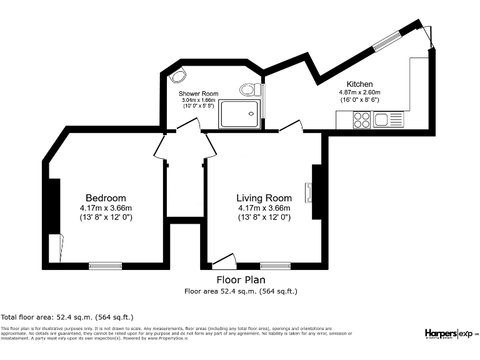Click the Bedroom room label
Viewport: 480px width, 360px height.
click(106, 198)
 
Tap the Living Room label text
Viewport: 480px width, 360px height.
click(264, 198)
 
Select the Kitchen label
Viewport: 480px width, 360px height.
click(360, 84)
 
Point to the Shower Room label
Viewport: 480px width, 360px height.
click(199, 93)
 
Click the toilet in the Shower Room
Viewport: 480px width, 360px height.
click(249, 89)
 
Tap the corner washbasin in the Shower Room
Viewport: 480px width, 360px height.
click(179, 76)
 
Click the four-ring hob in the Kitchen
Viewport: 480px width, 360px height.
click(362, 119)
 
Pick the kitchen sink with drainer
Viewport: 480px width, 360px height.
click(389, 119)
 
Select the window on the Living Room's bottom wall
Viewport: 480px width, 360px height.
click(275, 266)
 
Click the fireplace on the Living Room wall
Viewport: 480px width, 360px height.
click(309, 192)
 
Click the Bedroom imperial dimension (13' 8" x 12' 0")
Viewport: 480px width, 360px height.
click(106, 217)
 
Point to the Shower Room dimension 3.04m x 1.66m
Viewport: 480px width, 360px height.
click(199, 100)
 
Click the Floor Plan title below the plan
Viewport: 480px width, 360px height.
click(240, 280)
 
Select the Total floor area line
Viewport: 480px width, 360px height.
click(67, 317)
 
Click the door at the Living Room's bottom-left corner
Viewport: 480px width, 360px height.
click(224, 261)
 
